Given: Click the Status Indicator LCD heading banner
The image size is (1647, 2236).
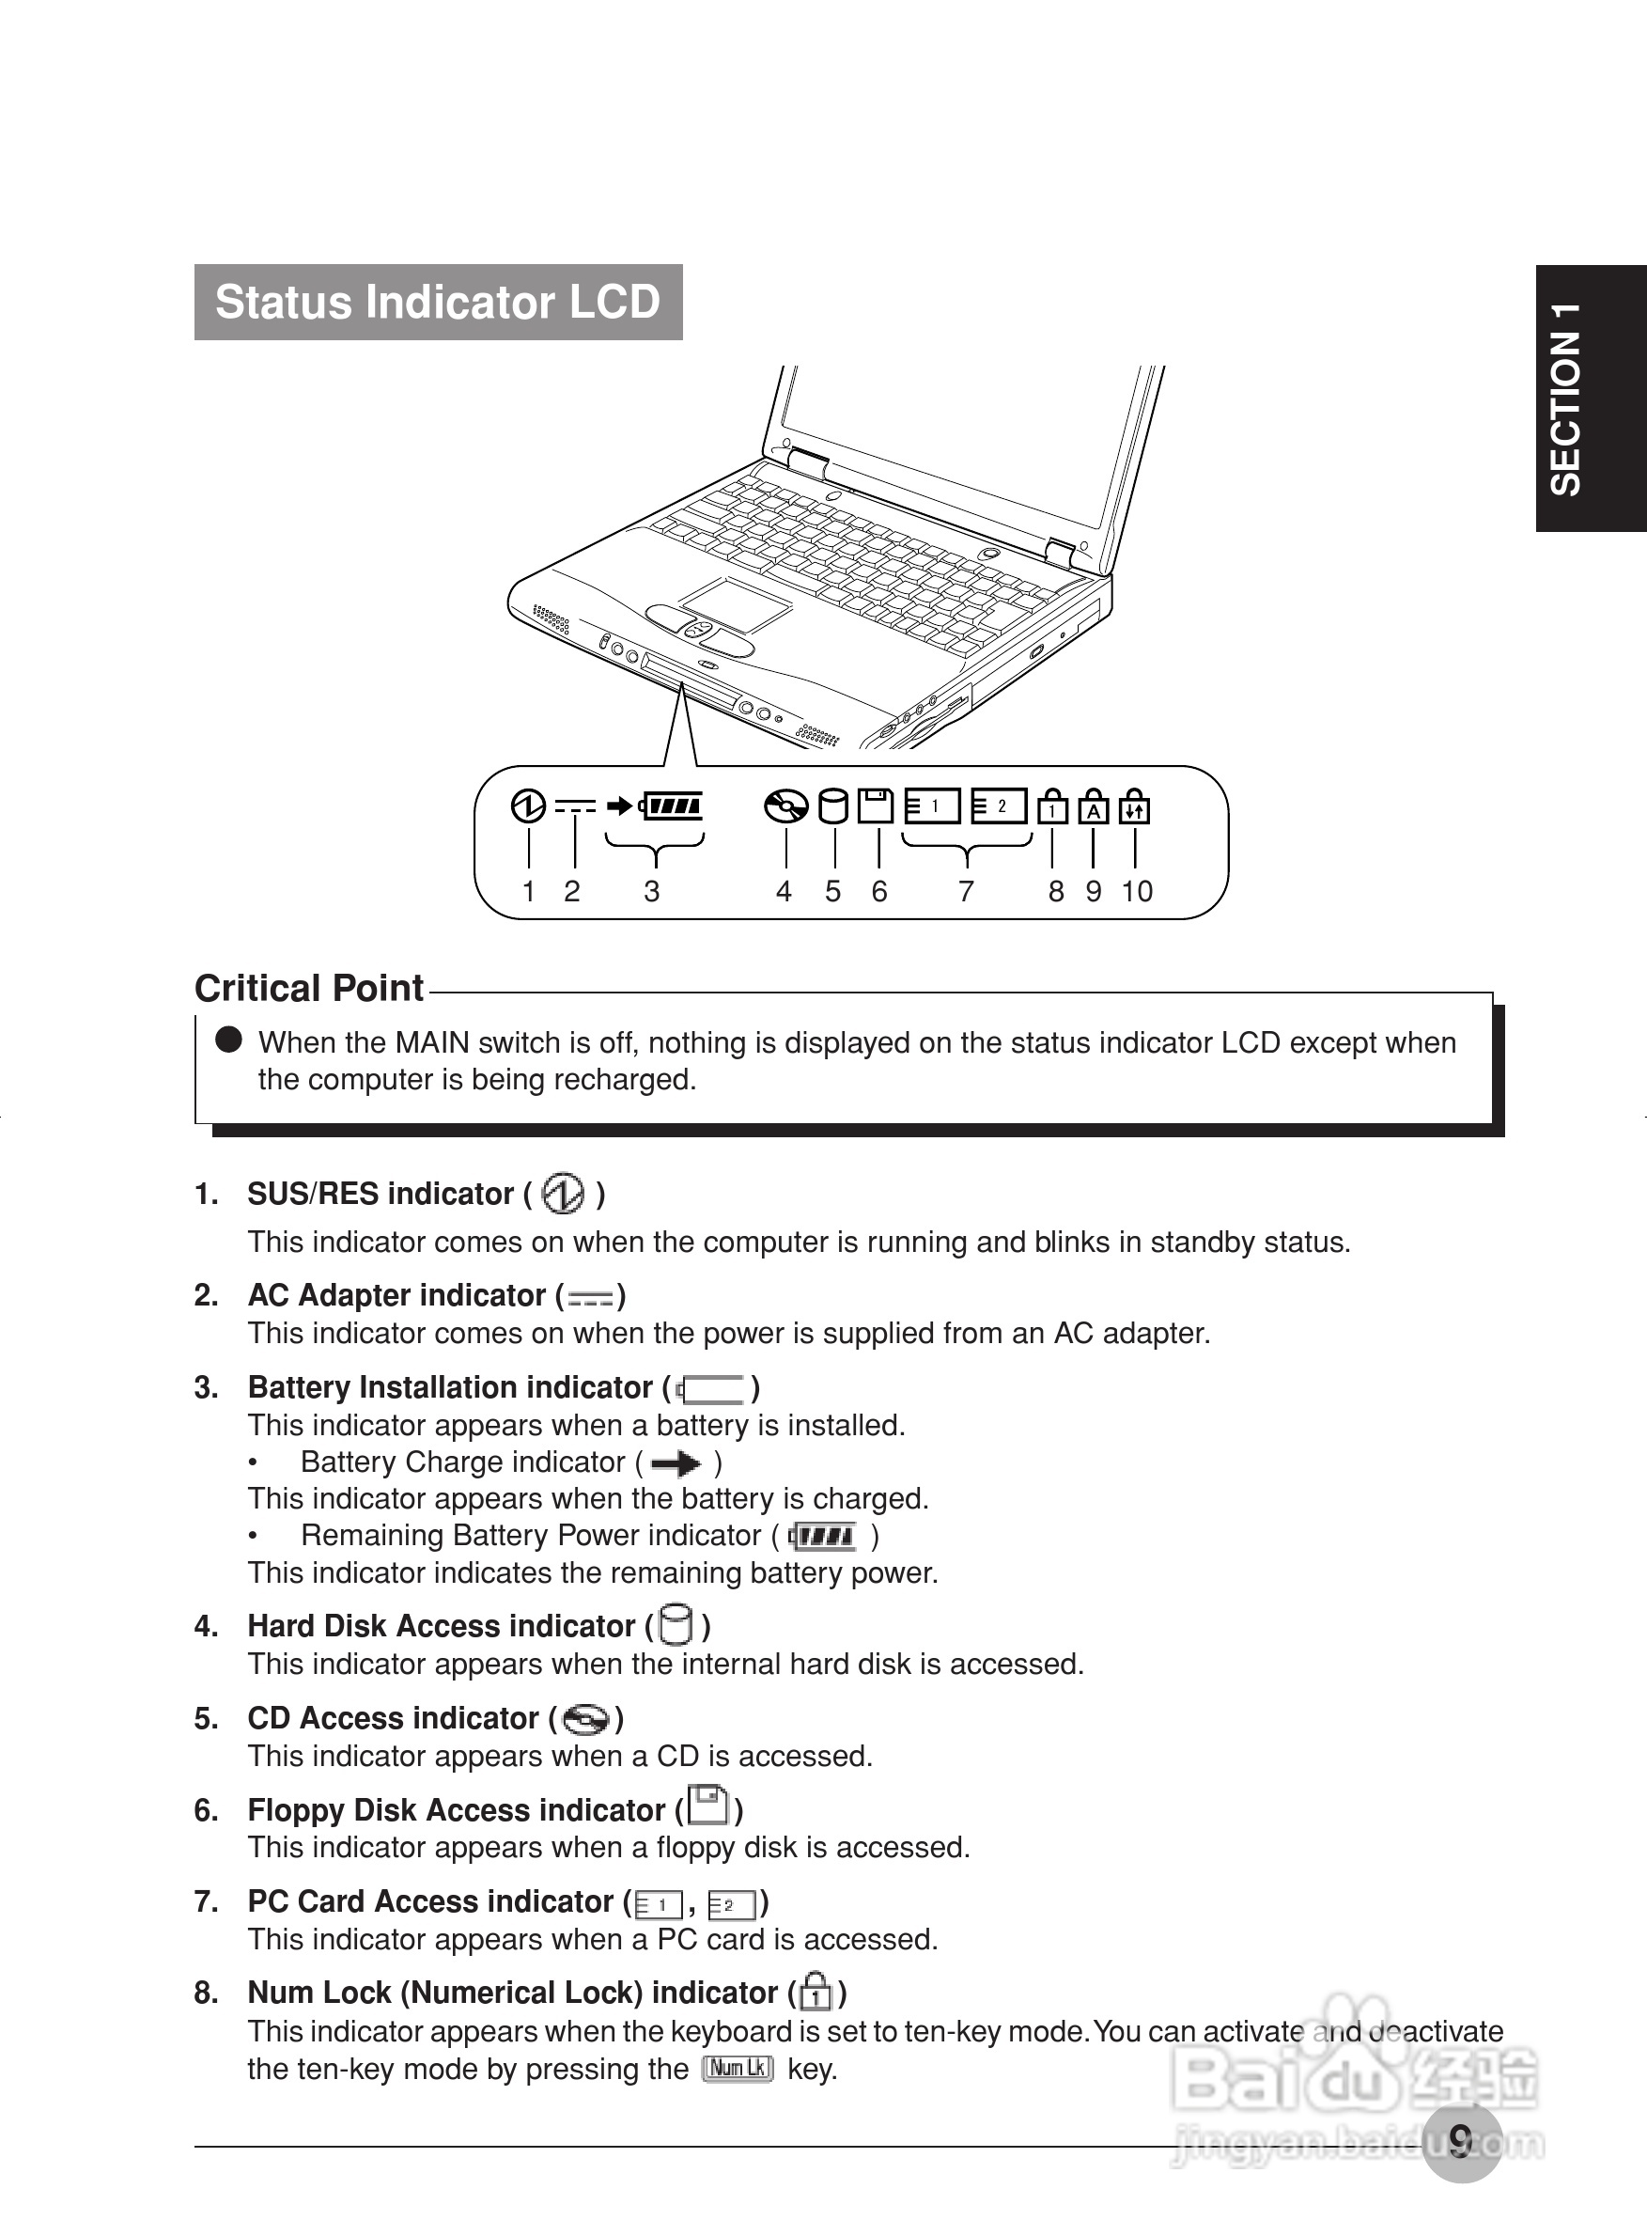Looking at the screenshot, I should click(x=438, y=303).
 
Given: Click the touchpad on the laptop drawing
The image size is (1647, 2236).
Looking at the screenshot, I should click(x=736, y=603).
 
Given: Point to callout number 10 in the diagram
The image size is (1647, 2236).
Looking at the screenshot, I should click(x=1137, y=891).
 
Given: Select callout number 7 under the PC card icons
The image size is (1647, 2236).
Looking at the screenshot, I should click(x=966, y=891).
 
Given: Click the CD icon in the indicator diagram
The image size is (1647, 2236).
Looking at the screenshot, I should click(x=785, y=805).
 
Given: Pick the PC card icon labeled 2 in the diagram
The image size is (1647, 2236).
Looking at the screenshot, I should click(x=999, y=805).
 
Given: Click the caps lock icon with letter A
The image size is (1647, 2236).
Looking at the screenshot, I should click(x=1094, y=806).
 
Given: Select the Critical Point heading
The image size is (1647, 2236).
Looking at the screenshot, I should click(x=309, y=989).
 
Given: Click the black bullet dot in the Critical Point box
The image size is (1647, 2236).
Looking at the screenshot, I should click(x=229, y=1040).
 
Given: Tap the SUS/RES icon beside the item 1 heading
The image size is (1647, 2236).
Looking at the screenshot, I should click(x=564, y=1193).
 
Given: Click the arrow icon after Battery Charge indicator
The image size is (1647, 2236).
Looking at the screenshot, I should click(x=676, y=1463).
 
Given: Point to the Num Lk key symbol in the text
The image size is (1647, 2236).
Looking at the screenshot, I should click(x=738, y=2069).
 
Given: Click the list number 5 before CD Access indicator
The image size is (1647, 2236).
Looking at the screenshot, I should click(x=207, y=1718).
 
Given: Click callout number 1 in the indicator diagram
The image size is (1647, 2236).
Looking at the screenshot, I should click(x=528, y=891).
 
